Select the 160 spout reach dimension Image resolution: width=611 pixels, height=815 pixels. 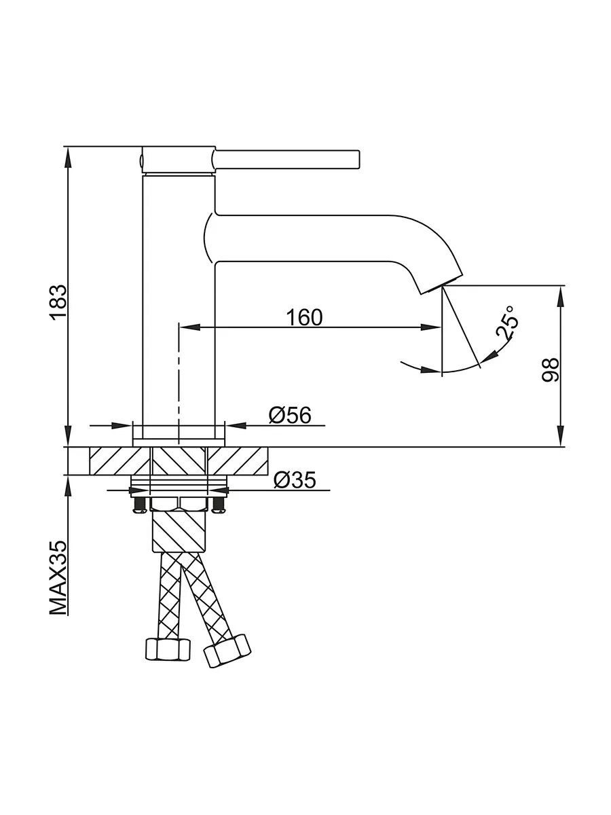coord(303,316)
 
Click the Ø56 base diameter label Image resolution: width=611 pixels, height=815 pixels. coord(290,414)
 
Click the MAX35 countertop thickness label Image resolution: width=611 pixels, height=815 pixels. coord(58,577)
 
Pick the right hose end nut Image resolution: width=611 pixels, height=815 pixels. coord(228,651)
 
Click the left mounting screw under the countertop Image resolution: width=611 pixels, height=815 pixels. coord(139,503)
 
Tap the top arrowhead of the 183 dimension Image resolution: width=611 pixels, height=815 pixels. coord(68,153)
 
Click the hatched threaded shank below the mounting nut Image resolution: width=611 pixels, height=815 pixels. coord(179,530)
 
